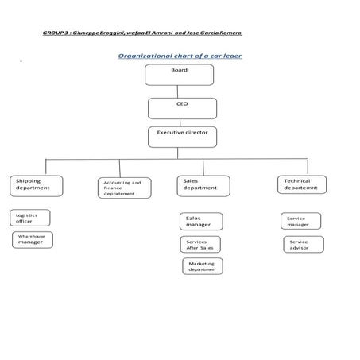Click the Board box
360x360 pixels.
[x=179, y=75]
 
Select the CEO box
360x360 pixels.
[x=181, y=107]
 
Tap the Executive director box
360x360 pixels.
[x=181, y=136]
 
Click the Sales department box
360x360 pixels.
[x=203, y=185]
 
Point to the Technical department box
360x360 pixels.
[x=300, y=184]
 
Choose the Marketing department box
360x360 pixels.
[x=202, y=266]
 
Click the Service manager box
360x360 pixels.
[x=301, y=221]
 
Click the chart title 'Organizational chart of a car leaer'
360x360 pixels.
[x=180, y=56]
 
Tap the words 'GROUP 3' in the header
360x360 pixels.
[x=54, y=33]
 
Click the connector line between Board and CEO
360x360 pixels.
[x=180, y=91]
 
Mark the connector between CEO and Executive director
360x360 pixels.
[x=181, y=122]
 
